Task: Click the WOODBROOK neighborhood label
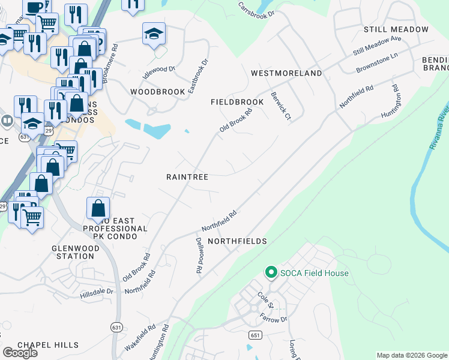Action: (153, 92)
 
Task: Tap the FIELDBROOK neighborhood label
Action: (237, 103)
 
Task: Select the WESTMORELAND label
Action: (286, 73)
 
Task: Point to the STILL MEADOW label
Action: (396, 29)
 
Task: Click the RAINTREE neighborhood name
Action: (187, 177)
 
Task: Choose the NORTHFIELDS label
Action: (237, 241)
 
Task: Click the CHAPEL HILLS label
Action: (48, 345)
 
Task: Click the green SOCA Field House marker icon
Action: (271, 273)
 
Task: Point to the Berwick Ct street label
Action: (280, 104)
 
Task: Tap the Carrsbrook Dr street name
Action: (256, 10)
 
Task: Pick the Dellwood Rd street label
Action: (199, 256)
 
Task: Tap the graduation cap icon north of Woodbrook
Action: (154, 34)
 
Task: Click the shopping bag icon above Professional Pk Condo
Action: (98, 208)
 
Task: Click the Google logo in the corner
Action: (20, 353)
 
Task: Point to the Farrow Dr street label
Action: (274, 320)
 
